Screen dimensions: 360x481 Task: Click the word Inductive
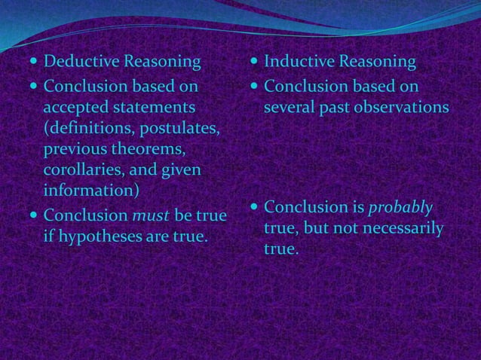coord(299,60)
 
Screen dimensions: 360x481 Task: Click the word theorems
coord(148,149)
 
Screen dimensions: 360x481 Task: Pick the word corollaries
coord(80,169)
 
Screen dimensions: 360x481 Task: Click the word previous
coord(75,149)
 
